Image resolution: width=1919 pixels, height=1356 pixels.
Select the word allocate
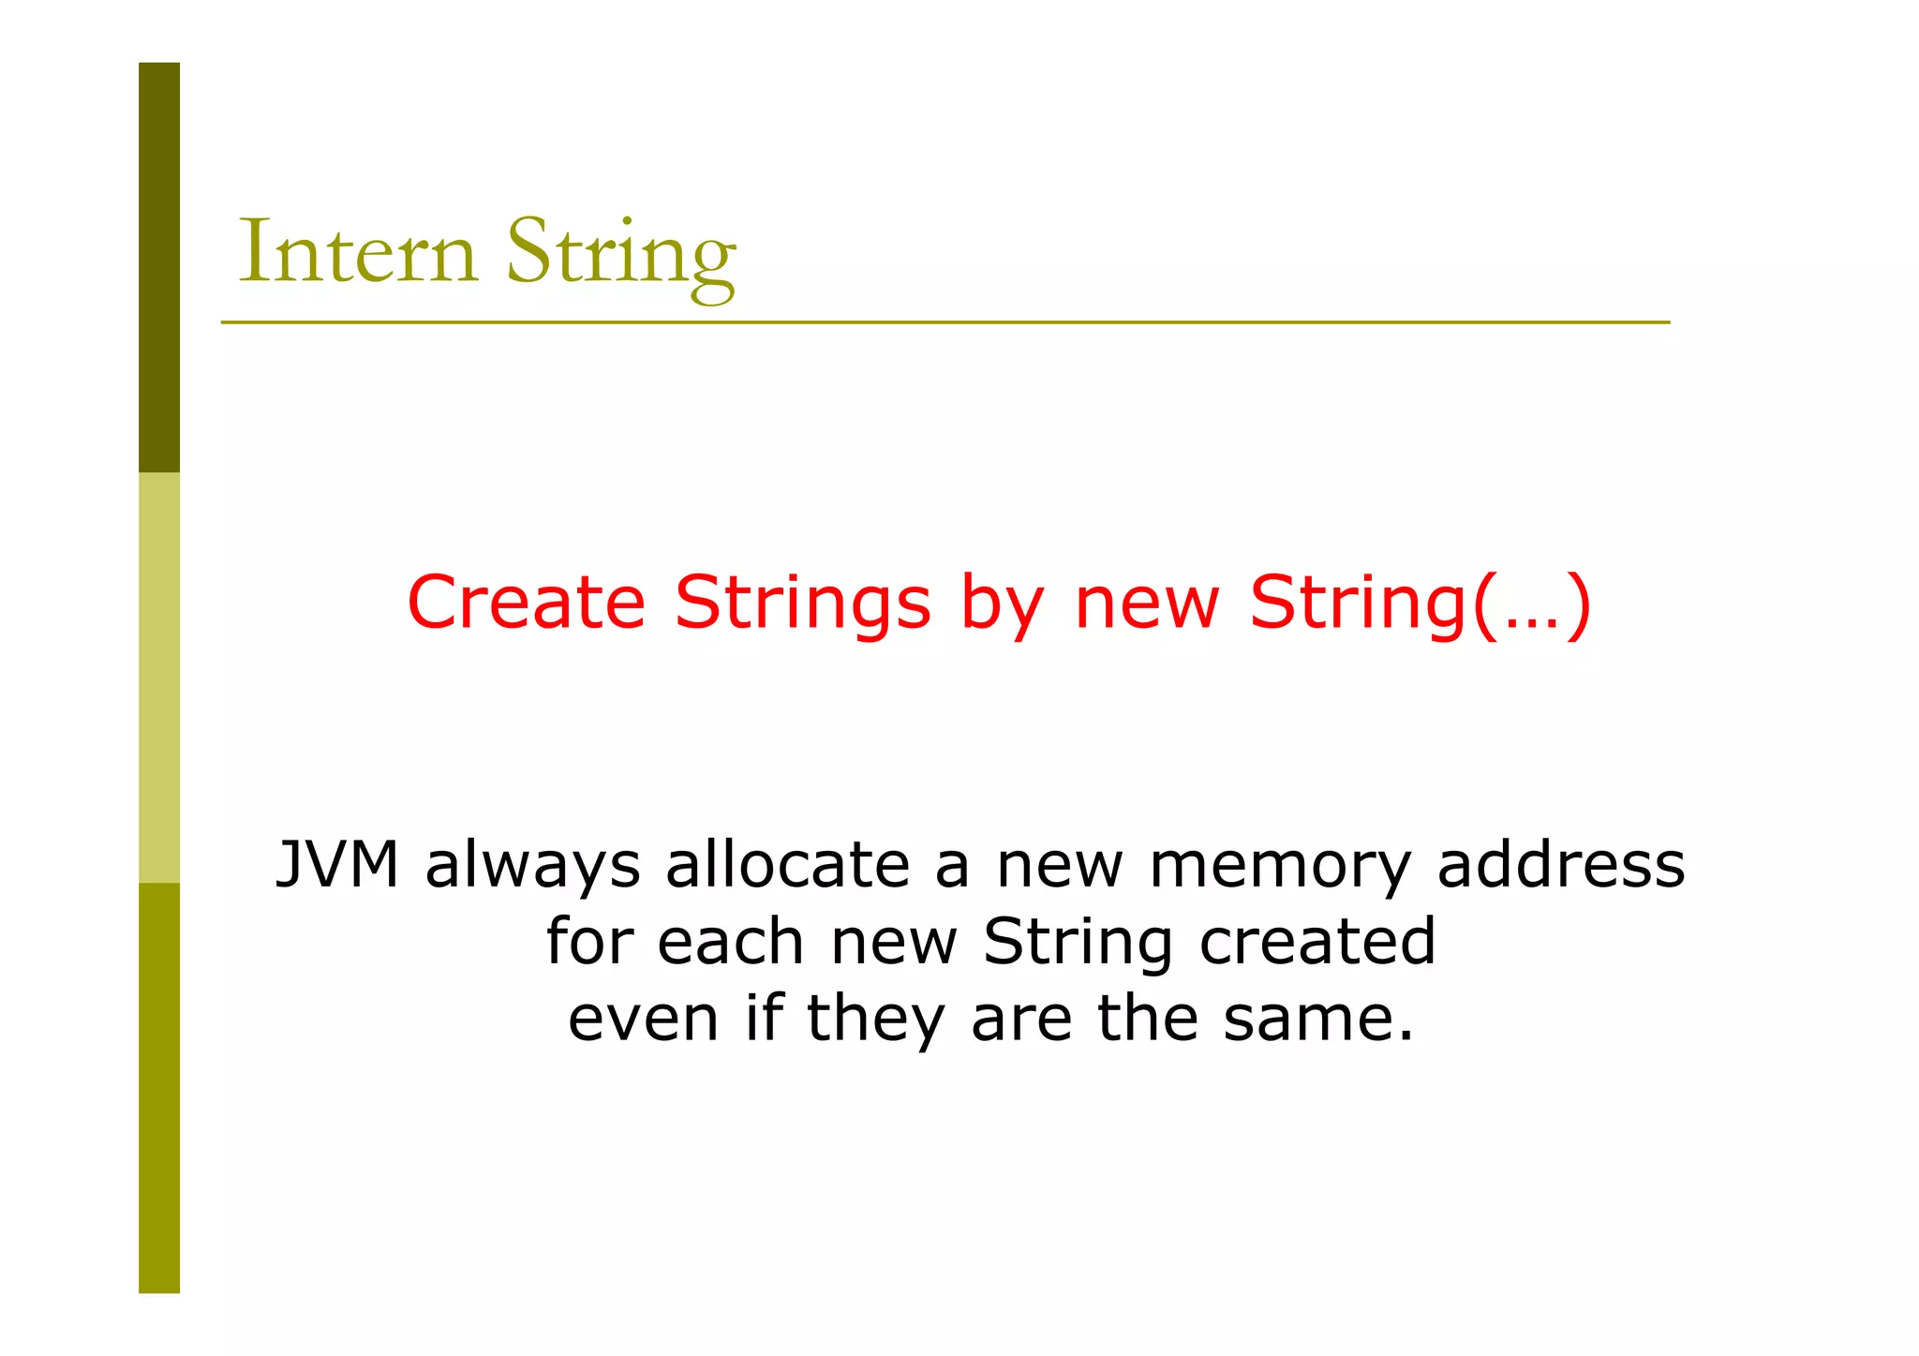tap(787, 864)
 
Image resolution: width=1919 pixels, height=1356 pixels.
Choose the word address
tap(1561, 864)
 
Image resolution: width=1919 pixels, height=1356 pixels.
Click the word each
tap(731, 941)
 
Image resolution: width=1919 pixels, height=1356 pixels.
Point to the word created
tap(1317, 941)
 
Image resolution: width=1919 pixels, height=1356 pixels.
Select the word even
tap(644, 1019)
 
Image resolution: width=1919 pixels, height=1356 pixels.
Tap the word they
tap(875, 1020)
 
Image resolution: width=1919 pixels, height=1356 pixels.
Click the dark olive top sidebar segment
tap(159, 267)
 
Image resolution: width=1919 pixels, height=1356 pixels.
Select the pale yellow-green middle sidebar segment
tap(159, 678)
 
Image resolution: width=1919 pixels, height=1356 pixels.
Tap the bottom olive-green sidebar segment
tap(159, 1087)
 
